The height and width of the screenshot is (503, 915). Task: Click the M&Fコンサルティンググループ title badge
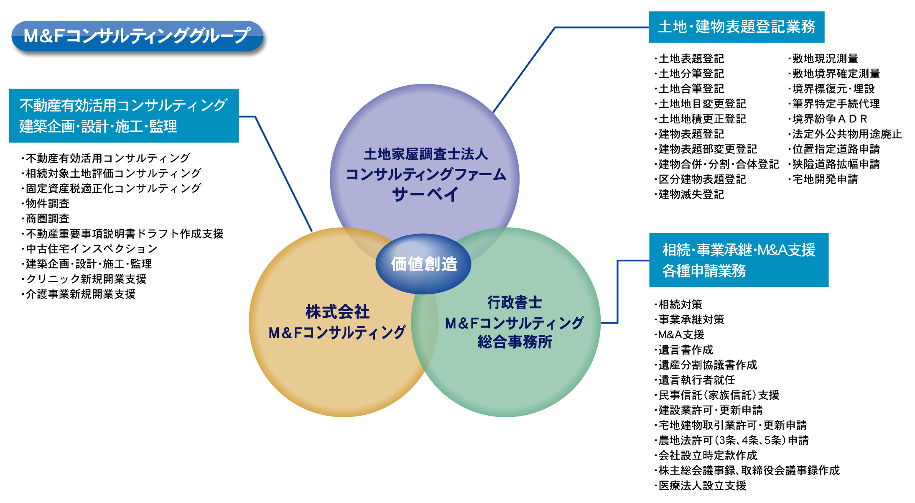click(137, 36)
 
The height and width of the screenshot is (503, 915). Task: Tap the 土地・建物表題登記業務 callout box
click(736, 27)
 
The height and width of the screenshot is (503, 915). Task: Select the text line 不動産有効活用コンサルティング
click(123, 105)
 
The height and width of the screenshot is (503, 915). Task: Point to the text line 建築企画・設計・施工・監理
click(98, 126)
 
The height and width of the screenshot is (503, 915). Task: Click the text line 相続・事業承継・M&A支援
click(739, 250)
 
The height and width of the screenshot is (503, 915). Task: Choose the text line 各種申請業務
click(704, 271)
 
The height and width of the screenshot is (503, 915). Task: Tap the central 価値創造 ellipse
click(423, 264)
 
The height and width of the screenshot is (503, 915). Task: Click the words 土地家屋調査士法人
click(426, 154)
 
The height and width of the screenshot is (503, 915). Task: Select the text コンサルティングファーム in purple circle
click(426, 174)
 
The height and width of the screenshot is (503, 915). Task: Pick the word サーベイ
click(426, 194)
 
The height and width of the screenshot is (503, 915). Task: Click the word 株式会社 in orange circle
click(337, 312)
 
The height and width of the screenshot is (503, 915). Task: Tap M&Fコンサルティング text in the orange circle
click(337, 333)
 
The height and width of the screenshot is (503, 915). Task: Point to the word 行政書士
click(515, 302)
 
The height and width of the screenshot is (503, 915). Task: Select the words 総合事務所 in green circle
click(515, 342)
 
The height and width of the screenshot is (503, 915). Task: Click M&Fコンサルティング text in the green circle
click(514, 323)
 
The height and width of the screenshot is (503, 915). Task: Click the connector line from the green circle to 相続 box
click(617, 293)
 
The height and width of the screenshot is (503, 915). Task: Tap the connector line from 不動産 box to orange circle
click(284, 174)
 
